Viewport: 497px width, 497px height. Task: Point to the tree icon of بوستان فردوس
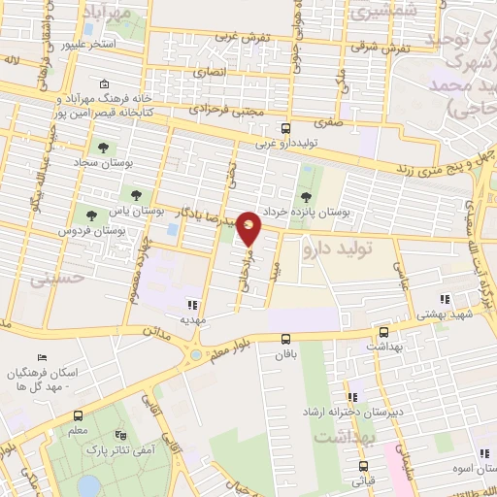coord(91,215)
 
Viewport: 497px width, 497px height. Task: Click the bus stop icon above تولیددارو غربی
coord(285,128)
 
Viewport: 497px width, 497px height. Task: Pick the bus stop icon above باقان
coord(285,339)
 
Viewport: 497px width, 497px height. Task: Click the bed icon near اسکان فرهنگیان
coord(42,359)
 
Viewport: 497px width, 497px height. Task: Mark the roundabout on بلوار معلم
coord(197,354)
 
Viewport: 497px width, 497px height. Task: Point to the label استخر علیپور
coord(88,45)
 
